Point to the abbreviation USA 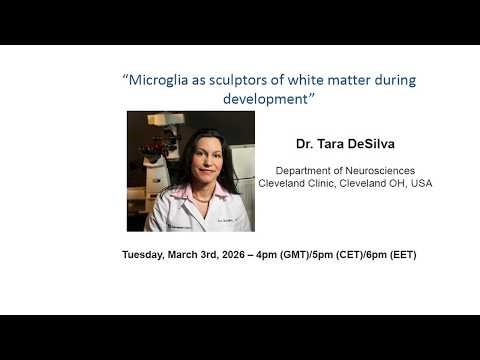tap(419, 184)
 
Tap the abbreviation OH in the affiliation tap(395, 184)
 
